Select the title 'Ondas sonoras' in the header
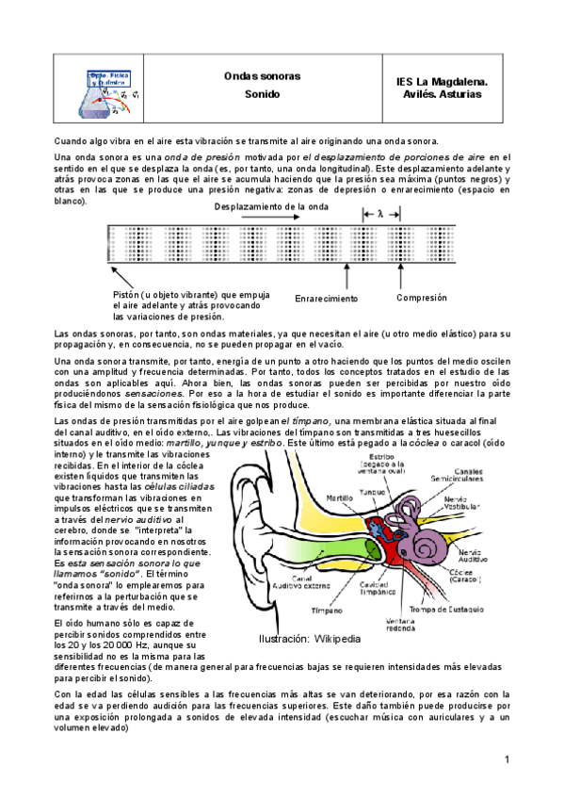tap(254, 74)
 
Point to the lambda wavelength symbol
tap(380, 214)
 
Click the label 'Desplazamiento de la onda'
tap(271, 205)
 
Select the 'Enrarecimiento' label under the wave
tap(327, 298)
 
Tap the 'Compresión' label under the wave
tap(421, 297)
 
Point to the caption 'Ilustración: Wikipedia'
tap(310, 639)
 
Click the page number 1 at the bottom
tap(507, 759)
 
